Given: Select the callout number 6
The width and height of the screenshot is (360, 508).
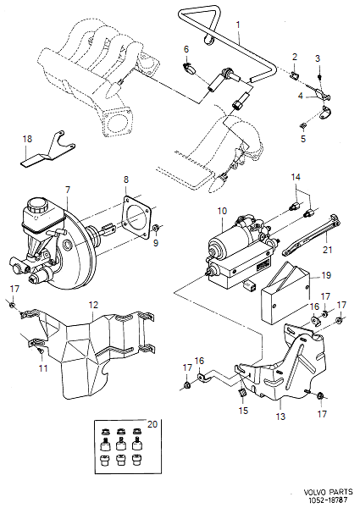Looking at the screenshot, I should click(x=186, y=48).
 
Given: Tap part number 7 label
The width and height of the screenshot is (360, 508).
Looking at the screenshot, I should click(x=67, y=190).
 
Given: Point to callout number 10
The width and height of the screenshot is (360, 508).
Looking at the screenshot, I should click(x=222, y=209).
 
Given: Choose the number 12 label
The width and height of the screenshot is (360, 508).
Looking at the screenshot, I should click(x=94, y=304).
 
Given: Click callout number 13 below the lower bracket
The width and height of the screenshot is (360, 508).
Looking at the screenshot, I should click(x=280, y=417).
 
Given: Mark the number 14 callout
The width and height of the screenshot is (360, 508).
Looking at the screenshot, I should click(x=296, y=178).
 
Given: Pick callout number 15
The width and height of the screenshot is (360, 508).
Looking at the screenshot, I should click(x=243, y=411).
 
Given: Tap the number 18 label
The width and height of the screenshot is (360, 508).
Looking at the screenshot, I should click(x=27, y=138).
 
